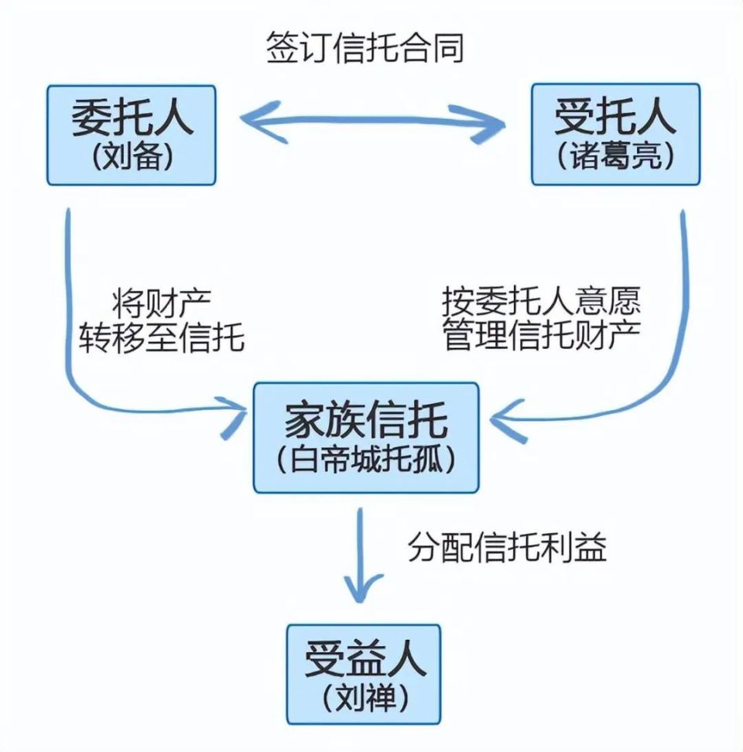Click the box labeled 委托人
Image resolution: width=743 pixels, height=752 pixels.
(132, 135)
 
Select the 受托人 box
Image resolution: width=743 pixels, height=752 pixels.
(615, 135)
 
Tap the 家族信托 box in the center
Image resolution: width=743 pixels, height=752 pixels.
(366, 438)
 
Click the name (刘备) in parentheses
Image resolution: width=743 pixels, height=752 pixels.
(131, 157)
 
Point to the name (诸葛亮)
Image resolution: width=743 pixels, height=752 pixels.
(615, 157)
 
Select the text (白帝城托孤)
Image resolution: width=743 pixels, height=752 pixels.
(366, 460)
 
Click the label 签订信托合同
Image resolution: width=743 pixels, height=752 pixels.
(365, 48)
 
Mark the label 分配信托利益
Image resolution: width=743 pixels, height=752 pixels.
(507, 549)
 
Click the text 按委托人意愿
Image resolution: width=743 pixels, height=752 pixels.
(542, 301)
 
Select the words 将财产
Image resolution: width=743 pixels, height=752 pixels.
(162, 301)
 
